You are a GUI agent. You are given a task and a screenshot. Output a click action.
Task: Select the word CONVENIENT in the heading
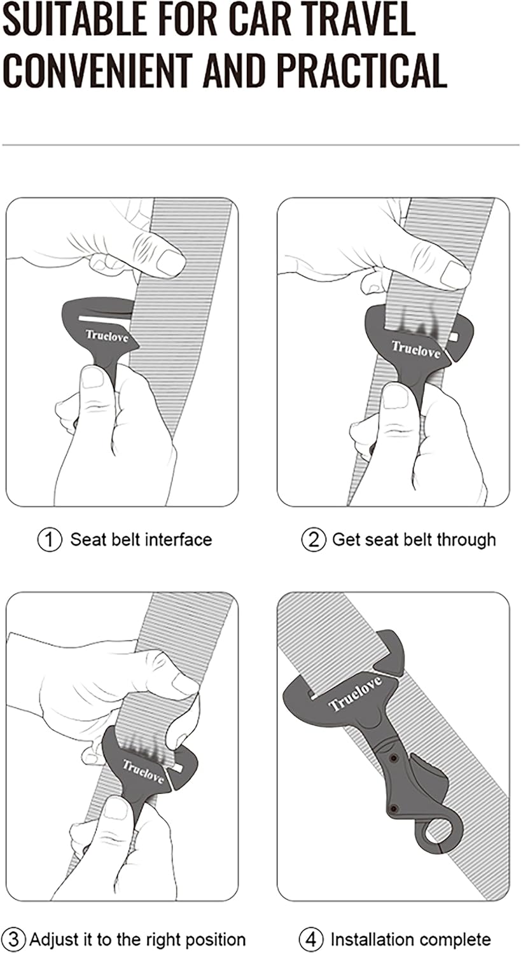pos(99,70)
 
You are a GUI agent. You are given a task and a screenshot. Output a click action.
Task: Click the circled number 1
pos(50,540)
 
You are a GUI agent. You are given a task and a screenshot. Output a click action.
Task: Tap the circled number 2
pos(312,540)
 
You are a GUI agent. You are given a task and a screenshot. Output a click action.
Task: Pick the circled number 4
pos(310,939)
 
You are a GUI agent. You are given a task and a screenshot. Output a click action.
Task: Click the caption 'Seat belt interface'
pos(141,540)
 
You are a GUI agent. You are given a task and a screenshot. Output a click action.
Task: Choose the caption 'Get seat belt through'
pos(413,540)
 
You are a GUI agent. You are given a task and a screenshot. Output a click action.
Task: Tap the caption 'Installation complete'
pos(410,939)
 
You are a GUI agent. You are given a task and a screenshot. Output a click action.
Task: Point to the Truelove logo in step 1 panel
pos(107,336)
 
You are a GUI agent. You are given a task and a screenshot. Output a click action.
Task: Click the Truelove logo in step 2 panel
pos(416,350)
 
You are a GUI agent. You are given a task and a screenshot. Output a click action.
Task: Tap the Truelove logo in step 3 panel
pos(143,770)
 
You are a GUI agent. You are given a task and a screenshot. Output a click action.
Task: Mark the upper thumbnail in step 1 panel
pos(170,262)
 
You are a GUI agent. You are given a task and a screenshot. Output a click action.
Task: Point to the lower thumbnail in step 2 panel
pos(396,397)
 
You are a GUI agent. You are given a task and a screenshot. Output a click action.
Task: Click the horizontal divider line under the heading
pos(260,145)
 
